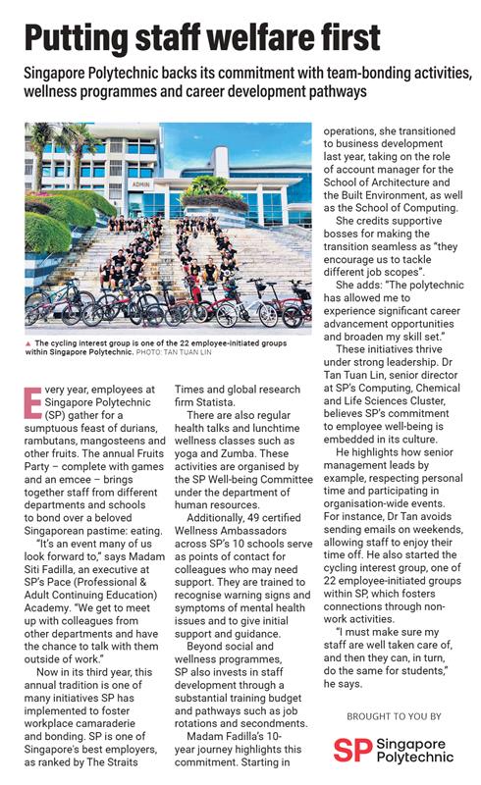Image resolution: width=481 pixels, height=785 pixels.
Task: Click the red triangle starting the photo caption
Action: coord(29,343)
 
